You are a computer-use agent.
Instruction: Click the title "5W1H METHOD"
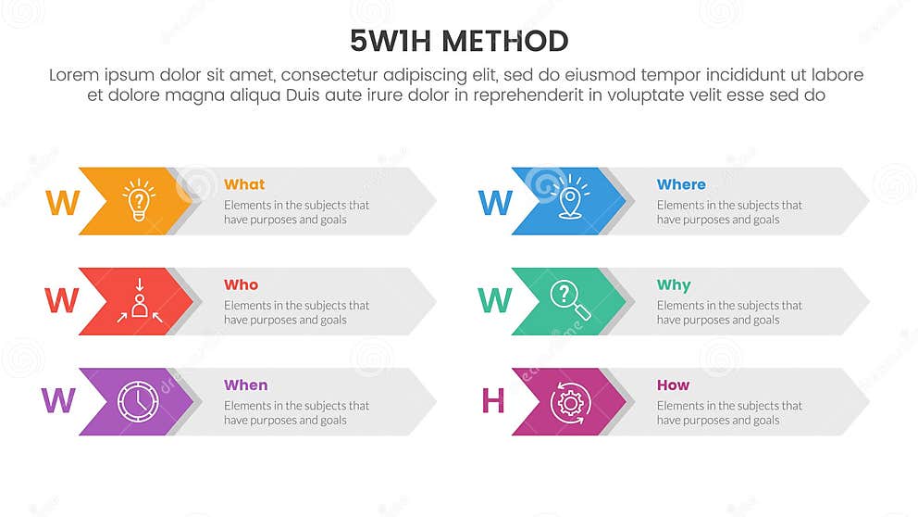[x=459, y=41]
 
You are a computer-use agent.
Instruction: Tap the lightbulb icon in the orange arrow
[x=139, y=200]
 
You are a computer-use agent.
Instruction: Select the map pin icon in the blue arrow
[x=572, y=200]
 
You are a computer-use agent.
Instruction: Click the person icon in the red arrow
[x=139, y=301]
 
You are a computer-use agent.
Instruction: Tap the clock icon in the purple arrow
[x=138, y=401]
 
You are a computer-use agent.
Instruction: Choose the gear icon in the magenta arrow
[x=570, y=401]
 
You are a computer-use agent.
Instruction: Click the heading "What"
[x=244, y=184]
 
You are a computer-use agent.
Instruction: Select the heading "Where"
[x=681, y=184]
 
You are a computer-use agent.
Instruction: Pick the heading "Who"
[x=241, y=284]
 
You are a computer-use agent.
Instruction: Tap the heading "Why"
[x=674, y=284]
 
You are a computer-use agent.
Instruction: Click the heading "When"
[x=245, y=385]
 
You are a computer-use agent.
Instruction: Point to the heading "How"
[x=673, y=385]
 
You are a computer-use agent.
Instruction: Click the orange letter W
[x=62, y=203]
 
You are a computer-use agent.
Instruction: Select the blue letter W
[x=495, y=203]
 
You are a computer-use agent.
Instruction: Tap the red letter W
[x=61, y=300]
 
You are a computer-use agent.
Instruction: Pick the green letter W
[x=495, y=300]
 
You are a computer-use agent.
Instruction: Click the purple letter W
[x=58, y=400]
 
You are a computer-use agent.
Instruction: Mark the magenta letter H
[x=493, y=400]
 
